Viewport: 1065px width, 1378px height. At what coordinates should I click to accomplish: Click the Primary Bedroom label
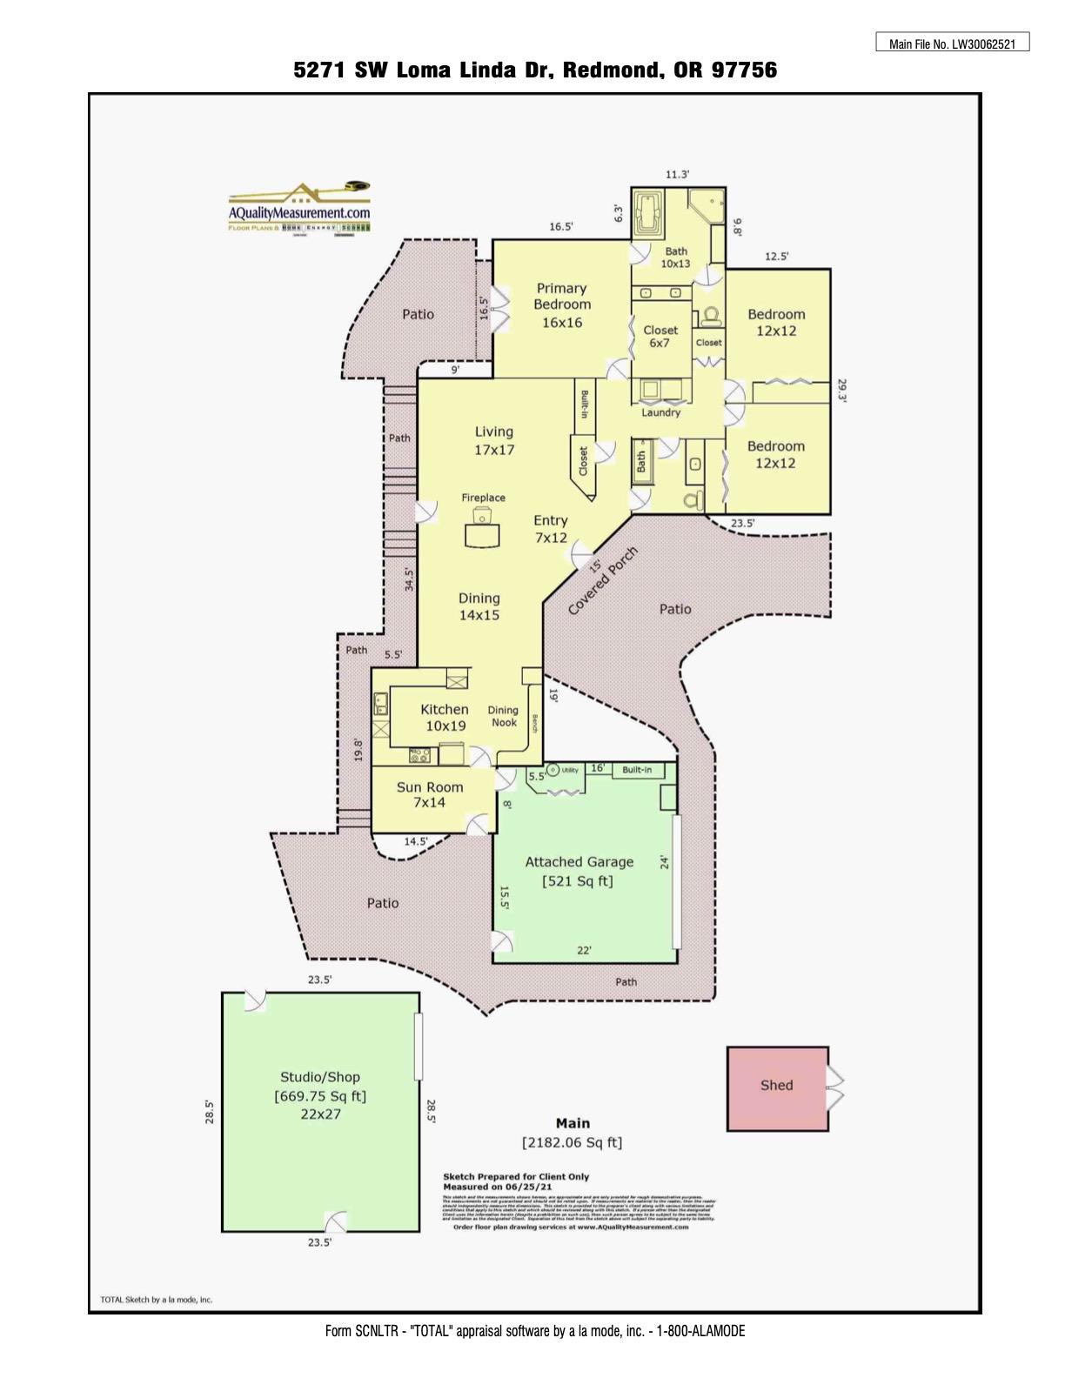(561, 304)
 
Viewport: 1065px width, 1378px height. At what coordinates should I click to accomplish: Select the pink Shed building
(777, 1087)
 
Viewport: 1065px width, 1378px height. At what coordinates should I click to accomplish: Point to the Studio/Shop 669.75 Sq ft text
(320, 1095)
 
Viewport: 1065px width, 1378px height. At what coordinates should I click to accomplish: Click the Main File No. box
(952, 43)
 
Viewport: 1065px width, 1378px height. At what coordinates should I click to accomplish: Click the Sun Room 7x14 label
(430, 794)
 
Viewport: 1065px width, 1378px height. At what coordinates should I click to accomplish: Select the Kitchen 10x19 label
(445, 717)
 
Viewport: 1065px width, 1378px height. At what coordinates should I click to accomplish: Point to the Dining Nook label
(503, 716)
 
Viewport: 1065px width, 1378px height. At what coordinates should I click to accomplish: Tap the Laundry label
(661, 412)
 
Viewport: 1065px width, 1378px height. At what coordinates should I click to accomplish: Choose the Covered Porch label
(603, 581)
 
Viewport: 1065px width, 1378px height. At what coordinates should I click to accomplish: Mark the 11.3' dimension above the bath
(677, 175)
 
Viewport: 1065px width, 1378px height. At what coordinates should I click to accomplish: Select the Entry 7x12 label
(551, 529)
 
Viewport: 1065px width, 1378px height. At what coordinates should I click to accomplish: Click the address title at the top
(535, 70)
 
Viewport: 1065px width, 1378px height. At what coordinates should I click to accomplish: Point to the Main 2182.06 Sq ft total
(572, 1133)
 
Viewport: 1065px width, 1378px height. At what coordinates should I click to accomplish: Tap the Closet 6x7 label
(660, 336)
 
